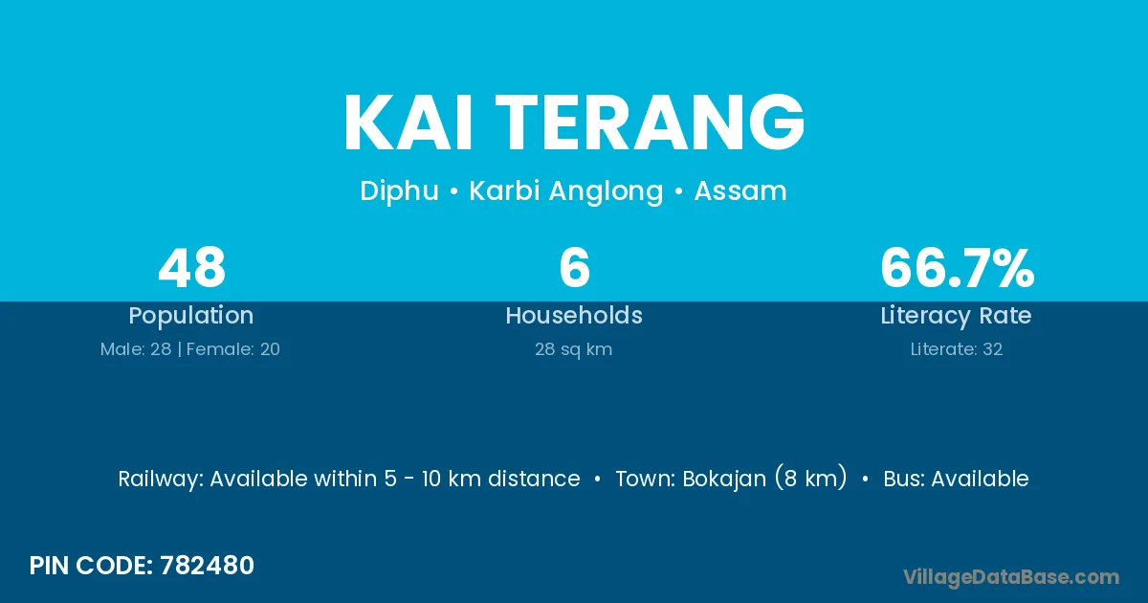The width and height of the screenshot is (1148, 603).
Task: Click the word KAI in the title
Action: [x=408, y=123]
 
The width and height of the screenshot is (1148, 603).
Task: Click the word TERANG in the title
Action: [x=650, y=123]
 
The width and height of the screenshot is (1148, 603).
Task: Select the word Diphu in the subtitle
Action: [x=399, y=191]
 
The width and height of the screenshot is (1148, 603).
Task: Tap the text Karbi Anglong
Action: [x=566, y=191]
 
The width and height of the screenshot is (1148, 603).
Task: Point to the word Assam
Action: [x=740, y=191]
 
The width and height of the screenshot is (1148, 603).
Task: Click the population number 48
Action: [x=191, y=268]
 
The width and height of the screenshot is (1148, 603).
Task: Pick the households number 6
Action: [x=575, y=268]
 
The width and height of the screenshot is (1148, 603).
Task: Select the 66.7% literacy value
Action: [x=958, y=268]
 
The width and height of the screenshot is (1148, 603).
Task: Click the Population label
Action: [x=191, y=316]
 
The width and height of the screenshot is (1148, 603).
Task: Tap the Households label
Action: [x=574, y=315]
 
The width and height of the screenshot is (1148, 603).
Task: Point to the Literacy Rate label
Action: [x=957, y=316]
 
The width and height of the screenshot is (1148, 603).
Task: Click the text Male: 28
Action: [x=136, y=349]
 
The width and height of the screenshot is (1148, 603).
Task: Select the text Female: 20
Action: [x=233, y=349]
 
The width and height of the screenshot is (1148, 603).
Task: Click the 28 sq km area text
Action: [x=574, y=349]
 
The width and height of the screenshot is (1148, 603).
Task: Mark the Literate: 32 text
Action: [x=957, y=349]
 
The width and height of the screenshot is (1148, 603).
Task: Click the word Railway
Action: [x=161, y=480]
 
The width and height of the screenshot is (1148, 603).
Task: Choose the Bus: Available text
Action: [x=957, y=479]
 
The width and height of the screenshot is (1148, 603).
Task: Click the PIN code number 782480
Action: [x=207, y=566]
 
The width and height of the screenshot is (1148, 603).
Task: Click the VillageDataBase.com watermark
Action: [x=1011, y=578]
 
